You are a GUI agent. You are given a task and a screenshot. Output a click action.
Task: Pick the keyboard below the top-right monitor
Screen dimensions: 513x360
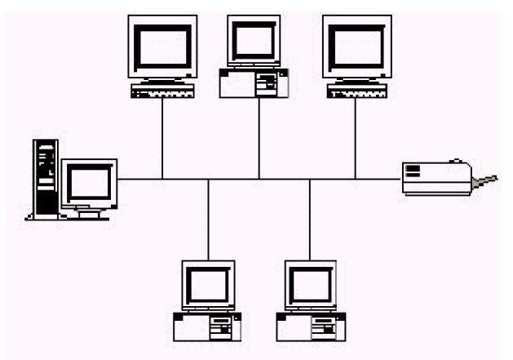(x=356, y=92)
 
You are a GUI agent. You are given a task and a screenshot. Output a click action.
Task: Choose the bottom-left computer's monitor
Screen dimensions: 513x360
(x=208, y=284)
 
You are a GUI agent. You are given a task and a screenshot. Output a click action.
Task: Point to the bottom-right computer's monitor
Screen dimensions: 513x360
(x=310, y=284)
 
